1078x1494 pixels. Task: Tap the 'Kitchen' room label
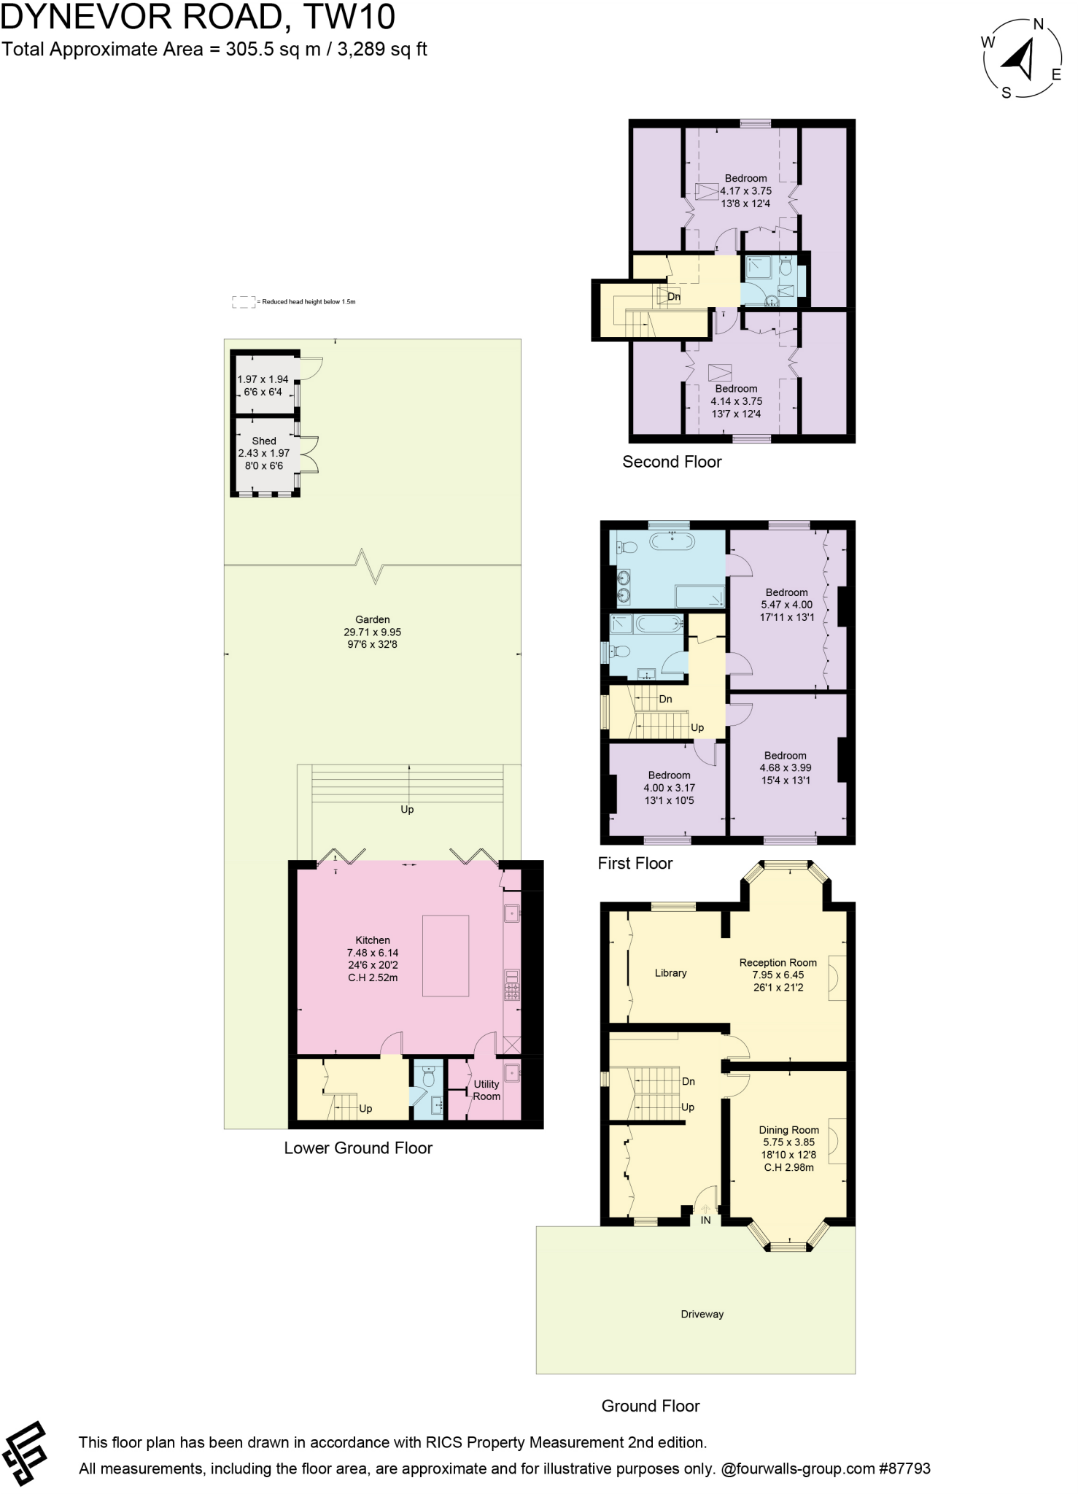[373, 940]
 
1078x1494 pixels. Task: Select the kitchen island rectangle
[446, 956]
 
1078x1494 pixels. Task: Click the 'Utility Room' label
[486, 1090]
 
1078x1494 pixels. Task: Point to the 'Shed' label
[264, 441]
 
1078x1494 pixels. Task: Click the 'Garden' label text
[373, 619]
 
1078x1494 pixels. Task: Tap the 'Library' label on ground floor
[670, 972]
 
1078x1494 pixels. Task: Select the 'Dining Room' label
[788, 1129]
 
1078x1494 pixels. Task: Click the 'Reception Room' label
[778, 962]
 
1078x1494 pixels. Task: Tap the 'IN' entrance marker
[705, 1219]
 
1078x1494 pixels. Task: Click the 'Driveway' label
[702, 1314]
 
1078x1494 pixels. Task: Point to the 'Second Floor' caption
[672, 462]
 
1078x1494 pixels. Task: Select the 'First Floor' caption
[635, 863]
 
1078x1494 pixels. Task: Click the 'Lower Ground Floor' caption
[358, 1147]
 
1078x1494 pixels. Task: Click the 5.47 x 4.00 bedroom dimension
[786, 604]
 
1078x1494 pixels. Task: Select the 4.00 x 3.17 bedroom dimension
[669, 788]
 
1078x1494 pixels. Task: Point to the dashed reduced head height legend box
[243, 301]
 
